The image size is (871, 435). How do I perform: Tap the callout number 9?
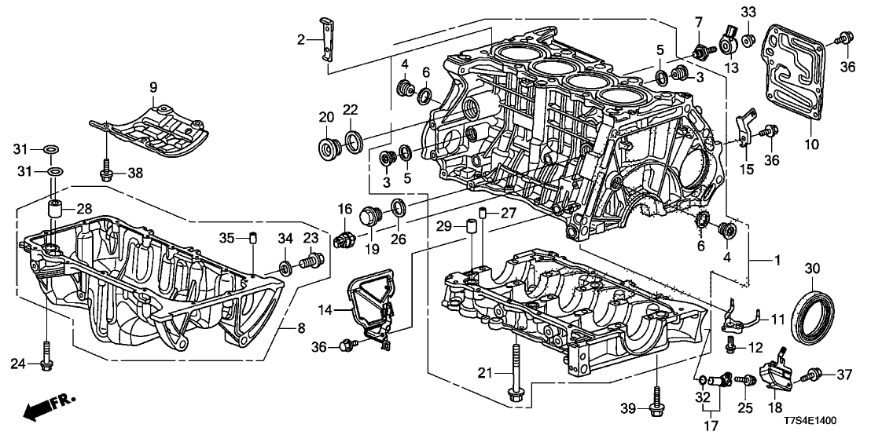pyautogui.click(x=153, y=86)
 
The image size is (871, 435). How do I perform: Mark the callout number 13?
pyautogui.click(x=733, y=68)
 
